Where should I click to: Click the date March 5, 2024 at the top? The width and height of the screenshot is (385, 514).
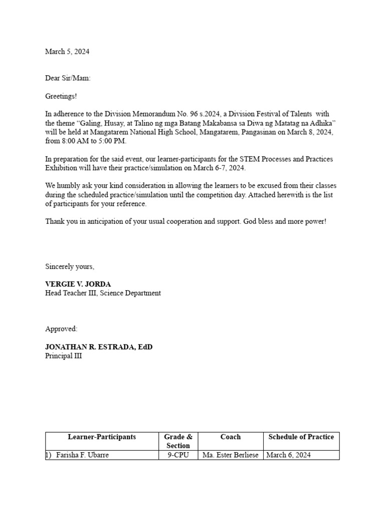click(67, 52)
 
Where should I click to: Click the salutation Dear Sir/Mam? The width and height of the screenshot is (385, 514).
click(68, 78)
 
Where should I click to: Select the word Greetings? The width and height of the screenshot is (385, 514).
click(61, 96)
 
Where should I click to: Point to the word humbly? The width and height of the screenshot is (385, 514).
click(69, 186)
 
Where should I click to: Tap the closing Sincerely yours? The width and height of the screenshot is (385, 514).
click(70, 267)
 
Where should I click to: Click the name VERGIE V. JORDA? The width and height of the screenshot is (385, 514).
click(78, 284)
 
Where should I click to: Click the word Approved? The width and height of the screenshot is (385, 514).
click(61, 329)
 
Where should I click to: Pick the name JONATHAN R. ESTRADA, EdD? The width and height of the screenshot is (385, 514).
click(99, 347)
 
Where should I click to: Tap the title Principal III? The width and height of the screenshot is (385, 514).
click(63, 356)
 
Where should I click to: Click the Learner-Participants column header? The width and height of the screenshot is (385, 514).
click(102, 437)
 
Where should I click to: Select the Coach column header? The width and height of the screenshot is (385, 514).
click(231, 437)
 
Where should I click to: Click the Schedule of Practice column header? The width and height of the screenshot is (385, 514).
click(301, 437)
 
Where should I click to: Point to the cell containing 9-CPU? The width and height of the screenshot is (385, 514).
click(178, 455)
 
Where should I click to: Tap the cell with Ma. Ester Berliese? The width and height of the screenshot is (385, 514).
click(231, 455)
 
